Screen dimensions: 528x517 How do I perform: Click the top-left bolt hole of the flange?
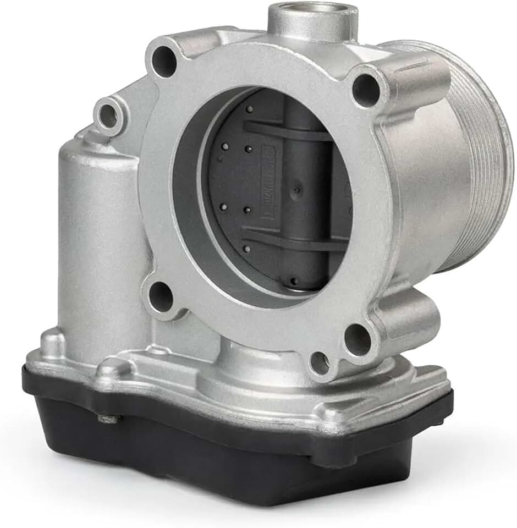click(x=164, y=62)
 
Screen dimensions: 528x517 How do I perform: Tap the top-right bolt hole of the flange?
click(x=366, y=90)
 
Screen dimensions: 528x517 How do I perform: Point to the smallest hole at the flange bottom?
click(x=320, y=363)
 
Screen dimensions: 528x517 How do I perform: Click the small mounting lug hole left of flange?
click(x=108, y=116)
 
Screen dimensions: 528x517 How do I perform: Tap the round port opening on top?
click(x=312, y=12)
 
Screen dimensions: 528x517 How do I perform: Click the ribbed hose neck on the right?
click(x=484, y=159)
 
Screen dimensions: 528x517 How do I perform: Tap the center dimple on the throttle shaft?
click(x=298, y=190)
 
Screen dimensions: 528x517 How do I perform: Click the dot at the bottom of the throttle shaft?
click(x=294, y=282)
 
